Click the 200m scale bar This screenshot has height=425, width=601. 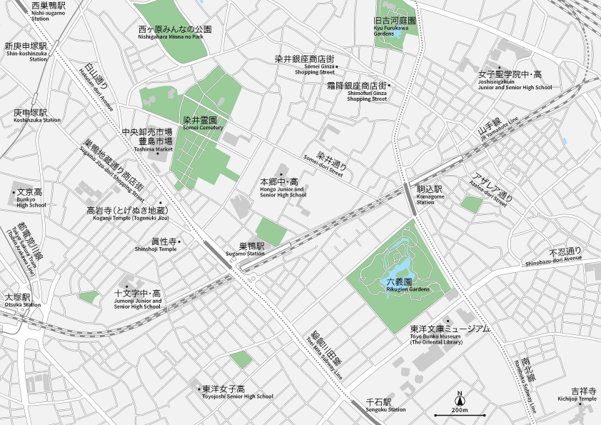coord(460,415)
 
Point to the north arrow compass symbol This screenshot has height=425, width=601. coord(460,397)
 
